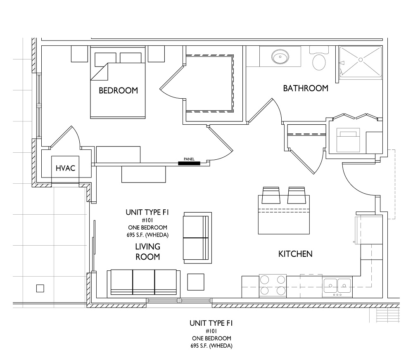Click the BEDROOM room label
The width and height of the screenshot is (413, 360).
click(x=118, y=90)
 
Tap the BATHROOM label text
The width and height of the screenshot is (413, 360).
click(x=306, y=88)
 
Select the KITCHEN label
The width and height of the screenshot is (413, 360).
click(x=295, y=254)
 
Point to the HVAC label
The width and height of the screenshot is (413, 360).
click(x=65, y=168)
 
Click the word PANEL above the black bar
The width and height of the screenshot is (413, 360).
click(x=189, y=159)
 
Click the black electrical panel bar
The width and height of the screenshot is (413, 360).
click(x=189, y=163)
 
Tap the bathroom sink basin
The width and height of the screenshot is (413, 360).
click(x=280, y=57)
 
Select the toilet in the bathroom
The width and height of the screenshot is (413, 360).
click(x=319, y=58)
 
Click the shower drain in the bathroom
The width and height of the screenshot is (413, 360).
click(x=361, y=60)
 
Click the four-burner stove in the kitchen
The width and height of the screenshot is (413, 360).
click(x=273, y=286)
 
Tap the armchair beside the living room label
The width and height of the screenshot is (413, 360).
click(x=197, y=238)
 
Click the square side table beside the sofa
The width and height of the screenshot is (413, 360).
click(x=196, y=282)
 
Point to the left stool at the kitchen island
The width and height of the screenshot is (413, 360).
click(x=271, y=195)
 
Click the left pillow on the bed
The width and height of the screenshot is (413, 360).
click(x=105, y=58)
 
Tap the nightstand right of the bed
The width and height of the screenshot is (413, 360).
click(x=156, y=54)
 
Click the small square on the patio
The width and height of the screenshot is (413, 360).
click(x=40, y=288)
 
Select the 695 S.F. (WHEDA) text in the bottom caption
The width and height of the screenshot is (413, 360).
click(x=211, y=346)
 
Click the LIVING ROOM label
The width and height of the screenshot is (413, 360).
click(x=148, y=251)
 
